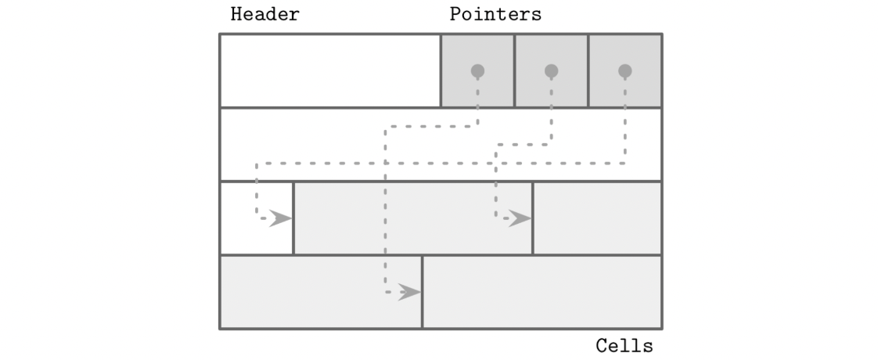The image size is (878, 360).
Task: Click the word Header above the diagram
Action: point(264,15)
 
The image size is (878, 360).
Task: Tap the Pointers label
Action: point(495,15)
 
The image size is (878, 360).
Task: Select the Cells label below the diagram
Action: point(624,345)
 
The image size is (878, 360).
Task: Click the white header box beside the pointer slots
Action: point(329,70)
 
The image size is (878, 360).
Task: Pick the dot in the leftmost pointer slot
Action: point(477,71)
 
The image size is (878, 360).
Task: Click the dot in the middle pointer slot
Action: point(551,71)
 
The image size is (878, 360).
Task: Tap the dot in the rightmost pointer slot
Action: point(624,71)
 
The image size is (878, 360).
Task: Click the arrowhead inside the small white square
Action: point(279,218)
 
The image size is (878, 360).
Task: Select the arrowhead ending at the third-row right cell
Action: point(520,218)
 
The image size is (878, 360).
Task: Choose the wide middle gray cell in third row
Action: point(412,218)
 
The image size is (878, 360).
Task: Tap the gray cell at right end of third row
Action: point(597,218)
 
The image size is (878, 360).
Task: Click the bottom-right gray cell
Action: point(542,292)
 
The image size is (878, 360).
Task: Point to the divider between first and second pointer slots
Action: point(514,70)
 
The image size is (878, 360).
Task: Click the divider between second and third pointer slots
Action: point(588,70)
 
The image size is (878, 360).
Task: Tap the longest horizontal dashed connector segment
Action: point(438,164)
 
